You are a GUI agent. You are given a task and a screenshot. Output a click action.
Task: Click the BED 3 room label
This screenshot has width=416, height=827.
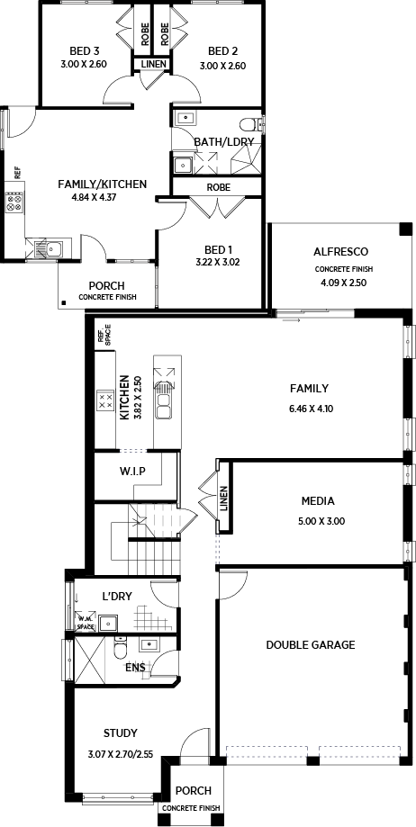coord(85,51)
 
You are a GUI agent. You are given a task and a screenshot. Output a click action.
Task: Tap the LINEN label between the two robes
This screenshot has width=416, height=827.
coord(154,65)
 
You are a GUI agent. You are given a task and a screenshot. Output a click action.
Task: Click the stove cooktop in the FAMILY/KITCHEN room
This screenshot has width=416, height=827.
coord(14,202)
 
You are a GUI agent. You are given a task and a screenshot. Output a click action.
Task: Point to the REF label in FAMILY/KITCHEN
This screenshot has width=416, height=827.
coord(17,172)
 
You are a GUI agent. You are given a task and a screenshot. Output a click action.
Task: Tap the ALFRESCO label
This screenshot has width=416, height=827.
coord(340,252)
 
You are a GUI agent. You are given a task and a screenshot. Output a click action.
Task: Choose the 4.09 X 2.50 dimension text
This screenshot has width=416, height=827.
coord(343,283)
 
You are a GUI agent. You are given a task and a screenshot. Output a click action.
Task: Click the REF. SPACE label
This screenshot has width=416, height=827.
coord(104,336)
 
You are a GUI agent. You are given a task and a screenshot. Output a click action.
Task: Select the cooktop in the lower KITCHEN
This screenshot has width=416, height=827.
coord(105,400)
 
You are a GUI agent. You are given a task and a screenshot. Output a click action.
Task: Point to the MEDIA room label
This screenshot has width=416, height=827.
coord(318,501)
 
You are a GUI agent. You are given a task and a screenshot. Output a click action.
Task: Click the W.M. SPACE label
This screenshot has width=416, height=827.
coord(86,624)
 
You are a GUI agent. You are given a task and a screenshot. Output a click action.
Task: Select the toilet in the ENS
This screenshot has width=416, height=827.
coord(121,648)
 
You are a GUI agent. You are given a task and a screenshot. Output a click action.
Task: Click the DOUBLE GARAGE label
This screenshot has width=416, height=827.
coord(311,644)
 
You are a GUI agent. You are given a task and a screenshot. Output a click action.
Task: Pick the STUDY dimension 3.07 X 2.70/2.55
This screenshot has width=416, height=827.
coord(121,754)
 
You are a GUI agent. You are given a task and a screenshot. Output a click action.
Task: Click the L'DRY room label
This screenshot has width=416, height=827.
coord(117,597)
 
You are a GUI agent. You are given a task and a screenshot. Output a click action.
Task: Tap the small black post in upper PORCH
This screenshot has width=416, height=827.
coord(63,302)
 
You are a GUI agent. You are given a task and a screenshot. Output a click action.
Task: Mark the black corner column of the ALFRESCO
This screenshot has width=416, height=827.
coord(405,229)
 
